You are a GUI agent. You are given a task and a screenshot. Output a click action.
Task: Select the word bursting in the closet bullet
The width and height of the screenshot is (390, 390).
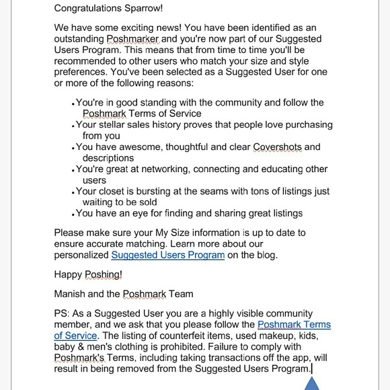click(x=173, y=191)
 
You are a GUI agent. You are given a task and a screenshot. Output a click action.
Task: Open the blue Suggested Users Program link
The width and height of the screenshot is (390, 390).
click(x=167, y=255)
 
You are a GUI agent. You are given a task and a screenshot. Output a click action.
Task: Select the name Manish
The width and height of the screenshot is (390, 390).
click(x=72, y=294)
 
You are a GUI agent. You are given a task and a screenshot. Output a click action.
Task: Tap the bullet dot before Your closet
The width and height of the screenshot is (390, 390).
click(x=73, y=192)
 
